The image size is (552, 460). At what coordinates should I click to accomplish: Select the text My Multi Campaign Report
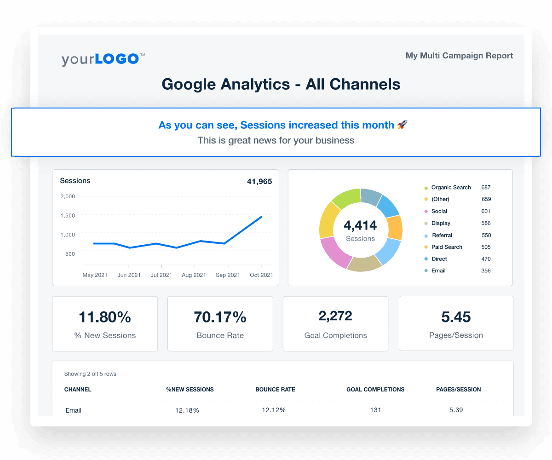click(x=459, y=56)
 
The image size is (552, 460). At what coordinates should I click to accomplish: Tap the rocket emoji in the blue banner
click(x=402, y=125)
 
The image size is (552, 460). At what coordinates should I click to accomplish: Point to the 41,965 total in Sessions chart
click(x=259, y=181)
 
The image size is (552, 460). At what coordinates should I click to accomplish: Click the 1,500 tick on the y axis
click(x=68, y=215)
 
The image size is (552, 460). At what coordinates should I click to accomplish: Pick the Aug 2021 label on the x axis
click(x=194, y=275)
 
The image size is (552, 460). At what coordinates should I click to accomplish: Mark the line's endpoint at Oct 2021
click(x=261, y=217)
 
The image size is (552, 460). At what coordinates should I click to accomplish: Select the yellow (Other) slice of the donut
click(x=328, y=219)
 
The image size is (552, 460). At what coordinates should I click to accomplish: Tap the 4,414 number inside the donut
click(x=360, y=225)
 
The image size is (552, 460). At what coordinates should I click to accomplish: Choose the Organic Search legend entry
click(x=451, y=187)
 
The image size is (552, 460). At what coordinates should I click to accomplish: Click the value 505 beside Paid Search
click(x=486, y=247)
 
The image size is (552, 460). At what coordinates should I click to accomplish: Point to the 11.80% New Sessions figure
click(x=105, y=317)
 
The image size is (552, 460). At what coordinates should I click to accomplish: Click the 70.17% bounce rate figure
click(x=220, y=317)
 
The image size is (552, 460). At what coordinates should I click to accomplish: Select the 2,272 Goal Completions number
click(x=335, y=316)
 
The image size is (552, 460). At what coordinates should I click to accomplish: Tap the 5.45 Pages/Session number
click(x=455, y=317)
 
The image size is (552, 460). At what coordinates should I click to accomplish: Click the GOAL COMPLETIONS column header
click(x=375, y=390)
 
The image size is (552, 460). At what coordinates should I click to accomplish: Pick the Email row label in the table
click(x=74, y=410)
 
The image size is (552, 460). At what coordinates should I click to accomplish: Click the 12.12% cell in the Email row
click(x=274, y=410)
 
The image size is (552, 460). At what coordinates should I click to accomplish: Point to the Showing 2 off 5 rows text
click(x=90, y=374)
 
